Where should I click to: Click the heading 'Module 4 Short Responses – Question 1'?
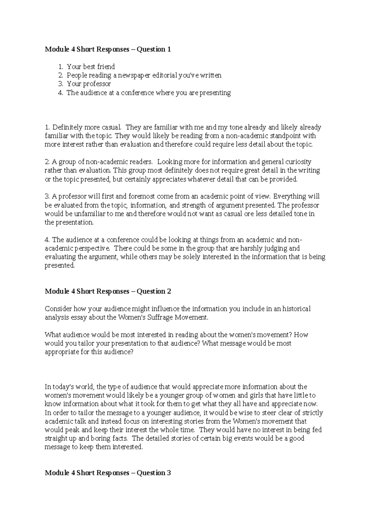coord(108,49)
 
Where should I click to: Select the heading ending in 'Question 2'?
coord(108,291)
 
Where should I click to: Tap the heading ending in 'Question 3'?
coord(108,473)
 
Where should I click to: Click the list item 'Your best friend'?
coord(91,67)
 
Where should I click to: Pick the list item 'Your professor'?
coord(89,84)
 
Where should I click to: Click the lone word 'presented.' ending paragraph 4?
coord(60,266)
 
